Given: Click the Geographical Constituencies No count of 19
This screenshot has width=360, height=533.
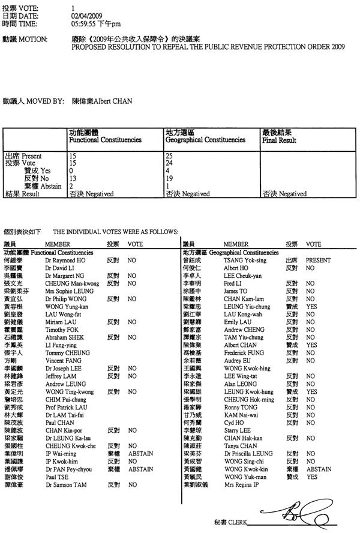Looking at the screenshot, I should [x=170, y=178].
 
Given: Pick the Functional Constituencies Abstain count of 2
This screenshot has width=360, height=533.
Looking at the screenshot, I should [x=72, y=186].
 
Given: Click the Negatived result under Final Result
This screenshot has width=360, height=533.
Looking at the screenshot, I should [x=285, y=194].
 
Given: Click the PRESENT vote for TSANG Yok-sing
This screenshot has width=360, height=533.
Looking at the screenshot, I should [x=319, y=261].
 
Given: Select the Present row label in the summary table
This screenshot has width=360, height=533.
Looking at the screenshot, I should [x=24, y=156].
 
